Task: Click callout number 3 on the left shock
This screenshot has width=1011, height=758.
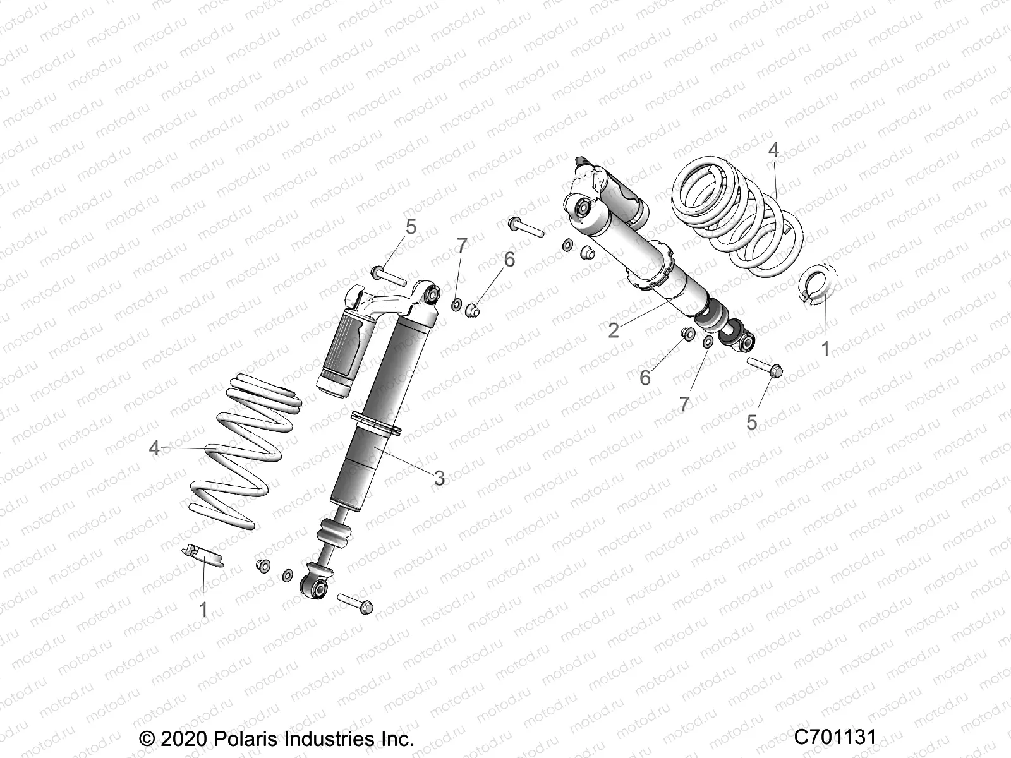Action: point(440,478)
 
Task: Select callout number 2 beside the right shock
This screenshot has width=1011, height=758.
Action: point(614,330)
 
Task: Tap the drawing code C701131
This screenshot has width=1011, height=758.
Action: point(835,738)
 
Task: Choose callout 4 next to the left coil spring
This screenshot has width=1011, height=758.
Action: point(154,448)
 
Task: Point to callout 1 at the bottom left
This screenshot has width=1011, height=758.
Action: point(203,609)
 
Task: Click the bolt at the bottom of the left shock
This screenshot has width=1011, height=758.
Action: point(356,603)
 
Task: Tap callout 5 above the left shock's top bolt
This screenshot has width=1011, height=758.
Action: point(411,227)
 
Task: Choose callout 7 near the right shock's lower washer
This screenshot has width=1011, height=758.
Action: point(684,404)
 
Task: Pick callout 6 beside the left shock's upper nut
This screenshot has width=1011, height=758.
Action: point(509,259)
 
